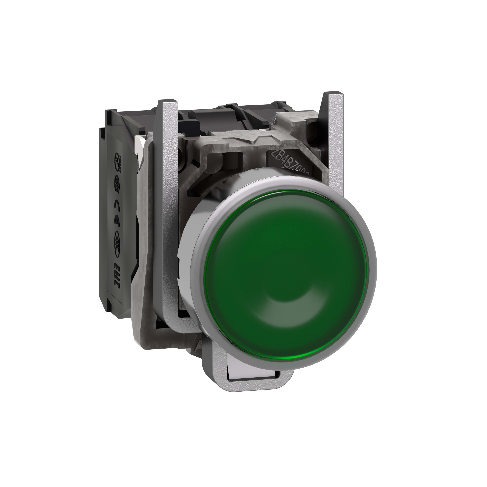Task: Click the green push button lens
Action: (285, 257)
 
